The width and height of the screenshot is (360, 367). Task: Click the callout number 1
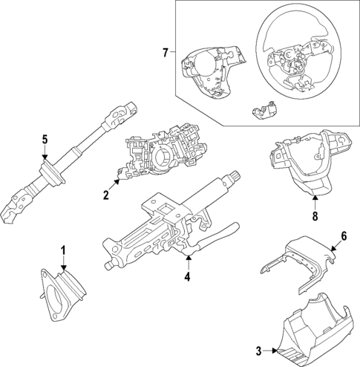coord(64,250)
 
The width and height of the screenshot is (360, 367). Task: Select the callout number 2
coord(106,195)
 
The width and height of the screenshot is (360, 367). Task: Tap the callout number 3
coord(258,351)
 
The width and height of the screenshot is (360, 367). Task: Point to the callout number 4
coord(187,276)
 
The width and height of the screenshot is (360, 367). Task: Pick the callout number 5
coord(45,140)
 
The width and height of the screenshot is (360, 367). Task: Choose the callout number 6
coord(344,236)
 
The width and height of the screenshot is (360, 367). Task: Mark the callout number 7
coord(166,53)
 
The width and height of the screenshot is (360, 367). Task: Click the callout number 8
coord(315,216)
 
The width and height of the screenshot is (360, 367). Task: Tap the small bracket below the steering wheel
coord(264,110)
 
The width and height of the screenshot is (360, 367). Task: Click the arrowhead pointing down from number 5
coord(45,157)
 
